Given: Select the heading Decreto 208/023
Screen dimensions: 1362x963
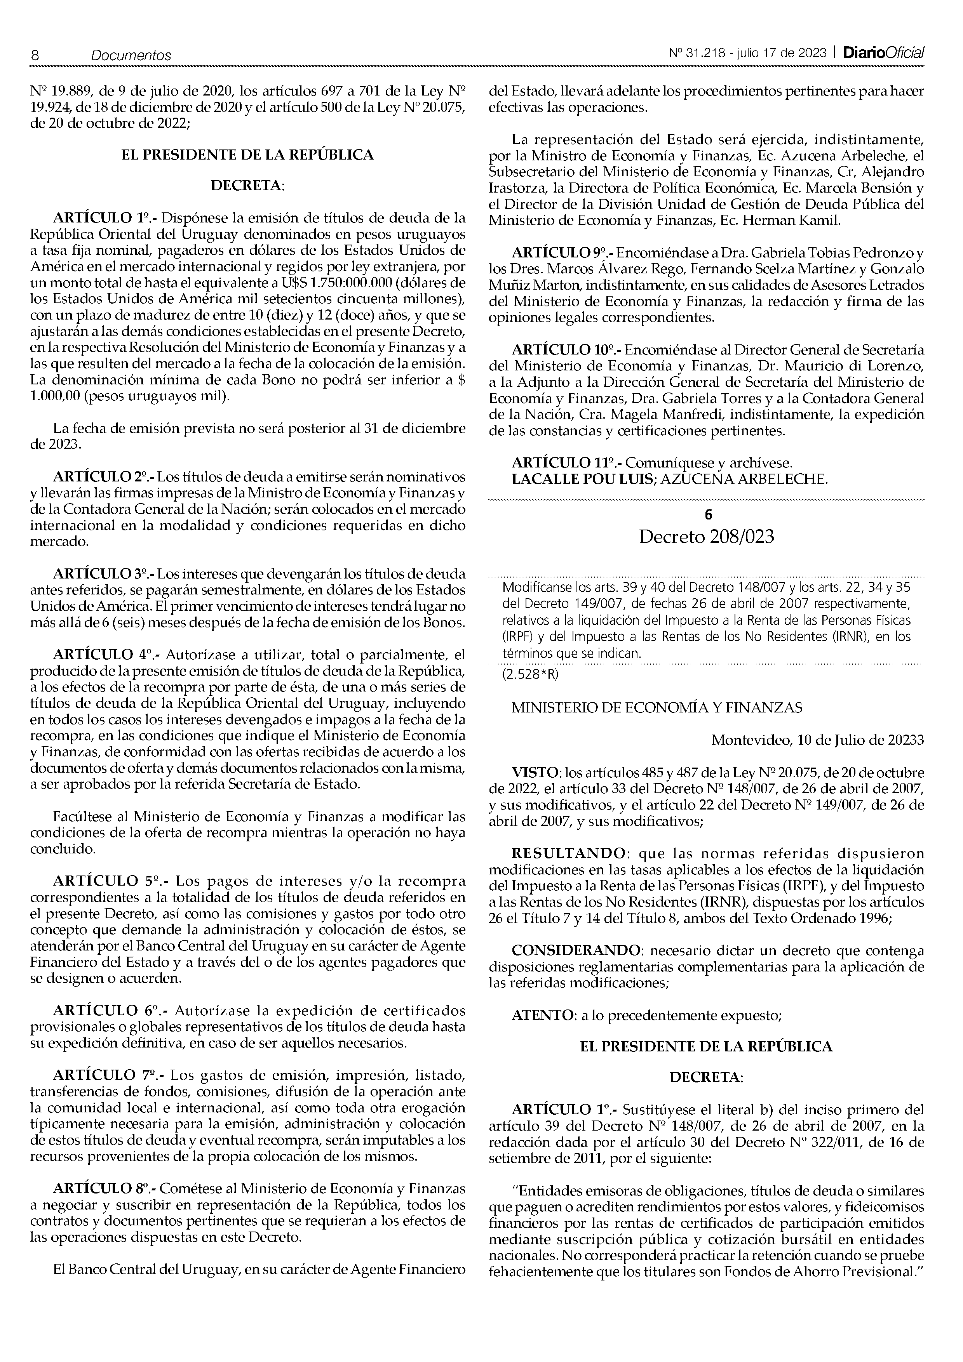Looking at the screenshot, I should click(706, 537).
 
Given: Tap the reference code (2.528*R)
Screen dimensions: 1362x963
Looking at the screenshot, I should click(530, 674).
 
